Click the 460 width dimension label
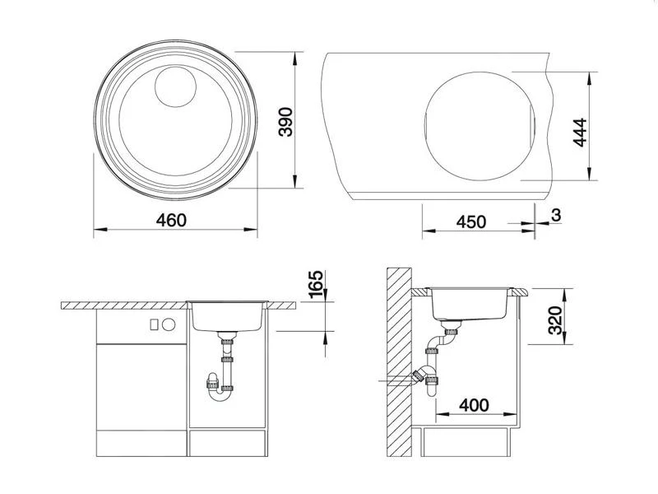(x=171, y=220)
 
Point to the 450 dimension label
(x=471, y=221)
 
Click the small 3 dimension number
(x=555, y=215)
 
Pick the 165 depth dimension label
(x=311, y=287)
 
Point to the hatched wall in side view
(x=399, y=362)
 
